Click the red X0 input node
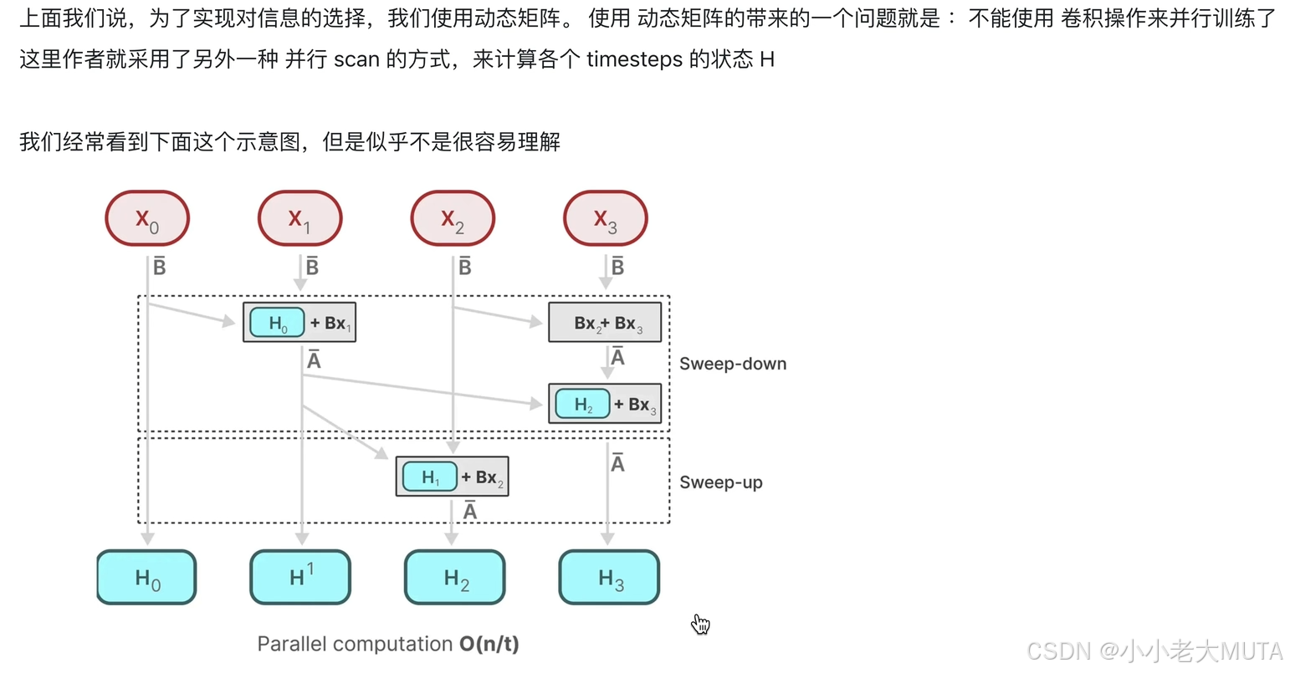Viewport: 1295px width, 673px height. (x=147, y=219)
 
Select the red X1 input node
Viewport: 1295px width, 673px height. (x=300, y=219)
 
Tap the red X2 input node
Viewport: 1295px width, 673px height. (x=453, y=219)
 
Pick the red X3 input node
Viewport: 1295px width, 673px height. (x=606, y=219)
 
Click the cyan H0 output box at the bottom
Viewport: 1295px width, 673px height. (x=146, y=577)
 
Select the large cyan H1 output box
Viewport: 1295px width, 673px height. (x=300, y=577)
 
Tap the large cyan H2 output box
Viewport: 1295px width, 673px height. (x=455, y=577)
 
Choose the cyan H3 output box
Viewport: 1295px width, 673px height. (x=609, y=577)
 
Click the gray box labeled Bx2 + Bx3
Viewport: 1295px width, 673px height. (x=605, y=323)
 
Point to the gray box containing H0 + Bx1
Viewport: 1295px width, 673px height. (x=299, y=323)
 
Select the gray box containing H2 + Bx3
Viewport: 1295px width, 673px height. (x=605, y=404)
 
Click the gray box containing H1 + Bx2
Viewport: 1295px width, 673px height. (x=452, y=477)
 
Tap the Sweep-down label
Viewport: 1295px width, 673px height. (x=733, y=364)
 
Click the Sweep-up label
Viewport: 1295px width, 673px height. (x=721, y=482)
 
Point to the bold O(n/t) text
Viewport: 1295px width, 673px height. (x=489, y=644)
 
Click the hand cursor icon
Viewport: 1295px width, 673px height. (x=700, y=624)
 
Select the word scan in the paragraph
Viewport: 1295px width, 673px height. (x=356, y=59)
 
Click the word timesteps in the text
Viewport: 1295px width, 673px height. (x=635, y=59)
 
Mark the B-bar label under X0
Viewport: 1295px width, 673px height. (x=159, y=267)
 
